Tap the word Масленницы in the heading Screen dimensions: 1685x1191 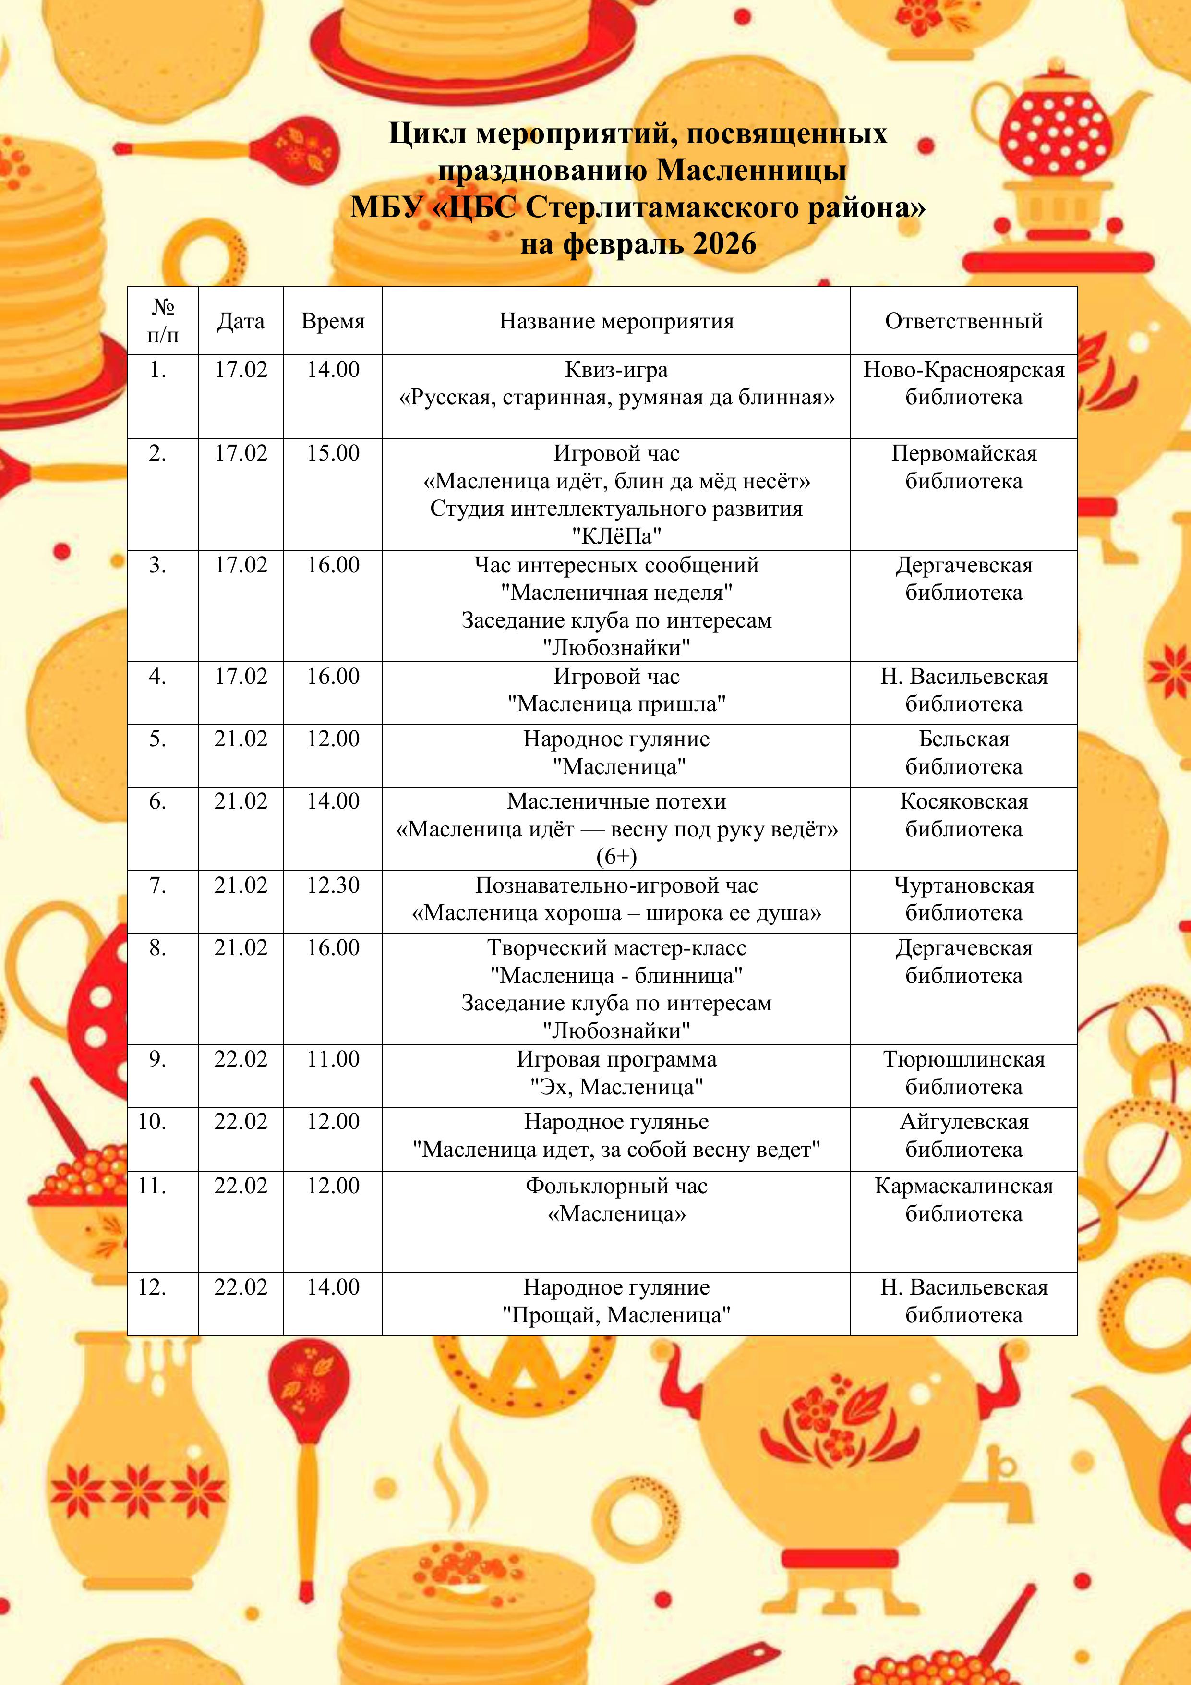pyautogui.click(x=751, y=170)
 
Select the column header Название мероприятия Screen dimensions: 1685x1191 pyautogui.click(x=616, y=321)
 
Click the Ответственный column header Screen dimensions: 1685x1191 pyautogui.click(x=963, y=321)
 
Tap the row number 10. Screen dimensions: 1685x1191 pyautogui.click(x=152, y=1121)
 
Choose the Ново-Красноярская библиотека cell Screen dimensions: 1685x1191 pyautogui.click(x=963, y=383)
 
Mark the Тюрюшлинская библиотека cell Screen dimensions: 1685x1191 pyautogui.click(x=963, y=1073)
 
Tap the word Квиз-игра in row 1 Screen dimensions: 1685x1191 pyautogui.click(x=616, y=369)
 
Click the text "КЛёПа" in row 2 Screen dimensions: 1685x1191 pyautogui.click(x=616, y=536)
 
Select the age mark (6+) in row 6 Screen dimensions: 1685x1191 pyautogui.click(x=616, y=857)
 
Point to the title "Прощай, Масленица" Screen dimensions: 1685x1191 pyautogui.click(x=616, y=1315)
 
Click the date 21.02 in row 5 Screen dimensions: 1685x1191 pyautogui.click(x=241, y=738)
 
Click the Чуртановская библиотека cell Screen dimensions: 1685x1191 pyautogui.click(x=963, y=899)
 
